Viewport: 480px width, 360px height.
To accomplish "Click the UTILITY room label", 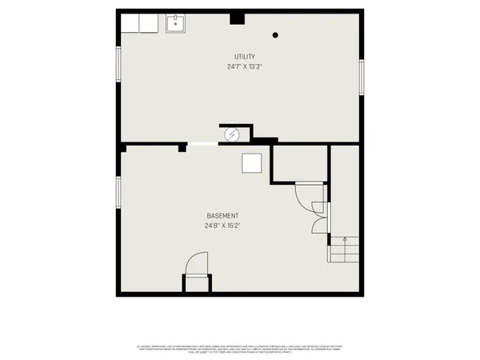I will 245,56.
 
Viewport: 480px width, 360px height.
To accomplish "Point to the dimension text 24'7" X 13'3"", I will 245,66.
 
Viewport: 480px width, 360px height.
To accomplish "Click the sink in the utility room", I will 176,24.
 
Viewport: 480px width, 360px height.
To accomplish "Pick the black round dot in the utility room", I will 276,34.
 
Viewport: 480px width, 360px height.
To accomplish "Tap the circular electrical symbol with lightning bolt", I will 231,134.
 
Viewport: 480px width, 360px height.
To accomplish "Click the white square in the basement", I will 252,162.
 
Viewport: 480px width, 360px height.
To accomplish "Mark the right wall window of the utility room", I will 361,78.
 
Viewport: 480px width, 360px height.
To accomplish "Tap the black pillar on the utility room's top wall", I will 236,18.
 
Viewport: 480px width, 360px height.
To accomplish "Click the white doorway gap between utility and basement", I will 201,145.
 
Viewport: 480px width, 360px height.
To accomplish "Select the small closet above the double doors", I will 299,164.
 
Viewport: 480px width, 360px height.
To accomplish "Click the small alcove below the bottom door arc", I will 196,285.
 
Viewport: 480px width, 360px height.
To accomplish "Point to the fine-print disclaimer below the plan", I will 240,349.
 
